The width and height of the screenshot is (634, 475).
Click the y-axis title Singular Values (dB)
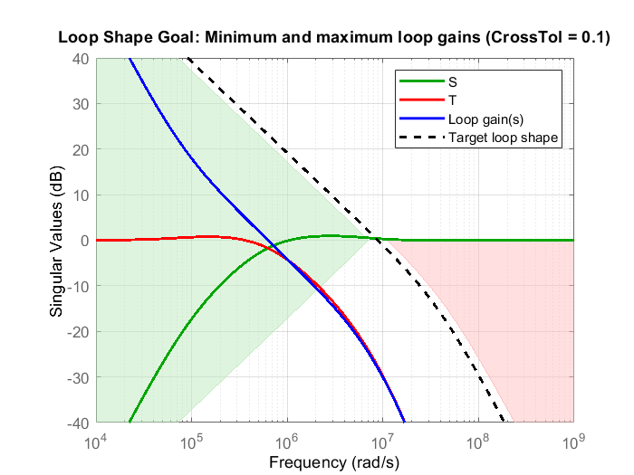coord(56,241)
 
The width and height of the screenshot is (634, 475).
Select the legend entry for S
coord(452,81)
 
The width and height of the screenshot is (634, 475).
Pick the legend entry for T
coord(452,100)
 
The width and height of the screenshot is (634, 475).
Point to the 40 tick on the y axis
coord(80,59)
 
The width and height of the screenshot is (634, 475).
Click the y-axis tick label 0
coord(83,241)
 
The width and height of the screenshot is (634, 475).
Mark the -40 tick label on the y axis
coord(77,423)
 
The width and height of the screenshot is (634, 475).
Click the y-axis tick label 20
coord(80,150)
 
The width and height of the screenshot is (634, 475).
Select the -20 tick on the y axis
coord(77,332)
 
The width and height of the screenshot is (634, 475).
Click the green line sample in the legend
coord(420,81)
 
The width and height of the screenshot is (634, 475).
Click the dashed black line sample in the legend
coord(420,138)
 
